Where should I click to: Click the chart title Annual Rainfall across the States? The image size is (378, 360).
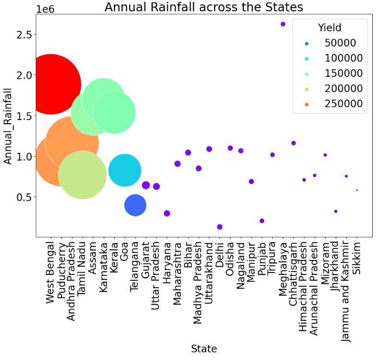pos(204,7)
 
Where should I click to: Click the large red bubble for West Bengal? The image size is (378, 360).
pos(50,84)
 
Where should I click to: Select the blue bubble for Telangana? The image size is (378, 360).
pos(135,205)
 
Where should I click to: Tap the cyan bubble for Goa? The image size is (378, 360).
pos(124,170)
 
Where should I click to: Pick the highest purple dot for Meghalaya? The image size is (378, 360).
pos(283,24)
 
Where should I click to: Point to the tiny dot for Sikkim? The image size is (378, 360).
pos(356,190)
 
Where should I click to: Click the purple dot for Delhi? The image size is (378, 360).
pos(219,227)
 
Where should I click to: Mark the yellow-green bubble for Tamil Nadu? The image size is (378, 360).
pos(82,175)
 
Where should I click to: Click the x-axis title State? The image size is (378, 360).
pos(204,348)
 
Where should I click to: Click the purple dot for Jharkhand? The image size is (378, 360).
pos(336,211)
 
